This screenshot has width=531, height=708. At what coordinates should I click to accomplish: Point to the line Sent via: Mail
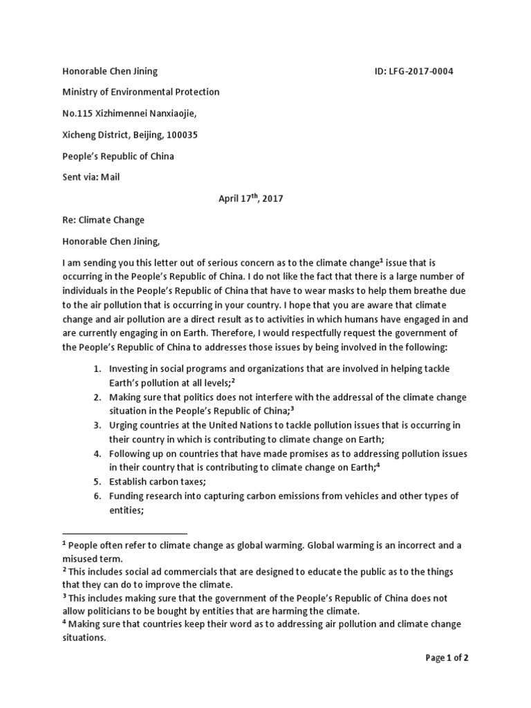91,178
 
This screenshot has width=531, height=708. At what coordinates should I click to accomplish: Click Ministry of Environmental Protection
141,93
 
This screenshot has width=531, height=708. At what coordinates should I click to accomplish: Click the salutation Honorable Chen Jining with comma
111,242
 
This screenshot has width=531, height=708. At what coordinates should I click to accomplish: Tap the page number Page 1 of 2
447,658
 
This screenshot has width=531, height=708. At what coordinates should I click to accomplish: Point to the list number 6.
97,496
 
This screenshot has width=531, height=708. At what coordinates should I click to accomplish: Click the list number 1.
97,369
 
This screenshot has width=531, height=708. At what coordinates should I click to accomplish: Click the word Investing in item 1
129,369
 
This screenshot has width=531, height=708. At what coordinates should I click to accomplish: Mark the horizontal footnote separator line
124,534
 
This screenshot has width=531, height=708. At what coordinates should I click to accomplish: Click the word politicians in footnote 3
114,611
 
